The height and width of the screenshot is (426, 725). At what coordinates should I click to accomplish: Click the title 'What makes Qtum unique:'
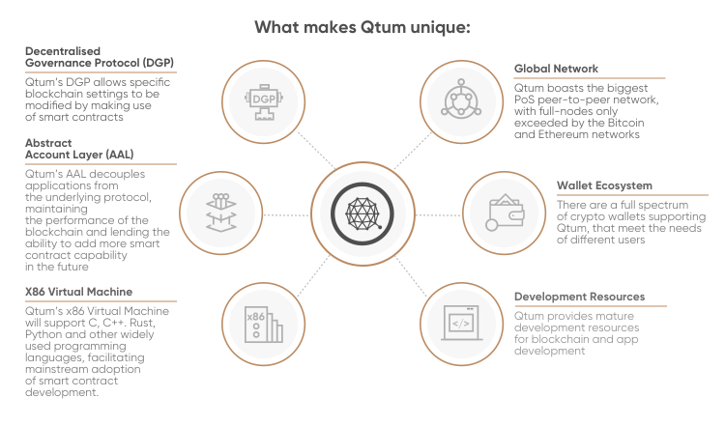coord(362,27)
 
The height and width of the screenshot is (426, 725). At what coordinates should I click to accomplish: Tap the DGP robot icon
coord(264,101)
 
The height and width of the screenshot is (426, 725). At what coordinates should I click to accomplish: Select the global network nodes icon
coord(461,99)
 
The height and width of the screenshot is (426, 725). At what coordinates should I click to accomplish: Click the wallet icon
coord(505,213)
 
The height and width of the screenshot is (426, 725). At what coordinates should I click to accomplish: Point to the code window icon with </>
coord(461,323)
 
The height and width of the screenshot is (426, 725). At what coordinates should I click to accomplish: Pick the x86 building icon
coord(263,325)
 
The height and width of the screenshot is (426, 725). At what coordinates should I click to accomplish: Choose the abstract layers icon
coord(221,213)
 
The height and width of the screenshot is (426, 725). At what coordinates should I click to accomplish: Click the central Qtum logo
coord(362,213)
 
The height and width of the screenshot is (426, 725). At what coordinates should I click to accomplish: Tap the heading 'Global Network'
coord(556,69)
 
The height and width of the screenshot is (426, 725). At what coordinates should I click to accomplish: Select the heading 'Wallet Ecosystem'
coord(604,185)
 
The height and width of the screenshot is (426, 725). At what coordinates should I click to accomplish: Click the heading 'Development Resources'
coord(579,297)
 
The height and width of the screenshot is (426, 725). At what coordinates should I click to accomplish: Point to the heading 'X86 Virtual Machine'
coord(78,292)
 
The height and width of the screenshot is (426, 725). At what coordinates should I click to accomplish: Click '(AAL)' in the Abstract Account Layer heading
coord(119,155)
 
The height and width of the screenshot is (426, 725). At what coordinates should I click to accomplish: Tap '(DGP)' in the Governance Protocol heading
coord(159,63)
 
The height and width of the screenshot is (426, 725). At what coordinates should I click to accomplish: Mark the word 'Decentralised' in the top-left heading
coord(63,51)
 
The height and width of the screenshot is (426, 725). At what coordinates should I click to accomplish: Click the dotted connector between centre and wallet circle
coord(438,214)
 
